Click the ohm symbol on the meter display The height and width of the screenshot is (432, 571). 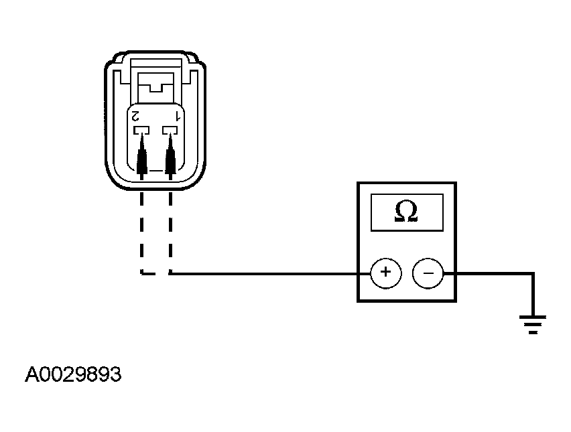tap(406, 211)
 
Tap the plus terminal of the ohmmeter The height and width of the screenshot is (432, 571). tap(385, 273)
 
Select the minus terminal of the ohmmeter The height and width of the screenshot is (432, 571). tap(428, 273)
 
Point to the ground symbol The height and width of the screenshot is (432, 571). tap(533, 325)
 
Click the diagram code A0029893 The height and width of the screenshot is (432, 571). tap(73, 374)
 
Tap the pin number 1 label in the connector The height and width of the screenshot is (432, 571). tap(178, 116)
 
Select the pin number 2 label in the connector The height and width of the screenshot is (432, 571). tap(135, 116)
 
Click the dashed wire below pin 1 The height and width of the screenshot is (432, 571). tap(170, 233)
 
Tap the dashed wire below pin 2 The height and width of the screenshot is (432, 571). tap(141, 233)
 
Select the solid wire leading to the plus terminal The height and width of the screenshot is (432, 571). tap(270, 273)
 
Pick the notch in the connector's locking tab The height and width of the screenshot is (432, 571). tap(156, 88)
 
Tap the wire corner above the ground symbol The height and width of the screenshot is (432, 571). tap(533, 273)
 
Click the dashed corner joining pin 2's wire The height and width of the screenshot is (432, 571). tap(142, 273)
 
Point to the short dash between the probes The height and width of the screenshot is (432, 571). tap(156, 171)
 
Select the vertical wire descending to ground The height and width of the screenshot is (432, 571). tap(533, 295)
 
